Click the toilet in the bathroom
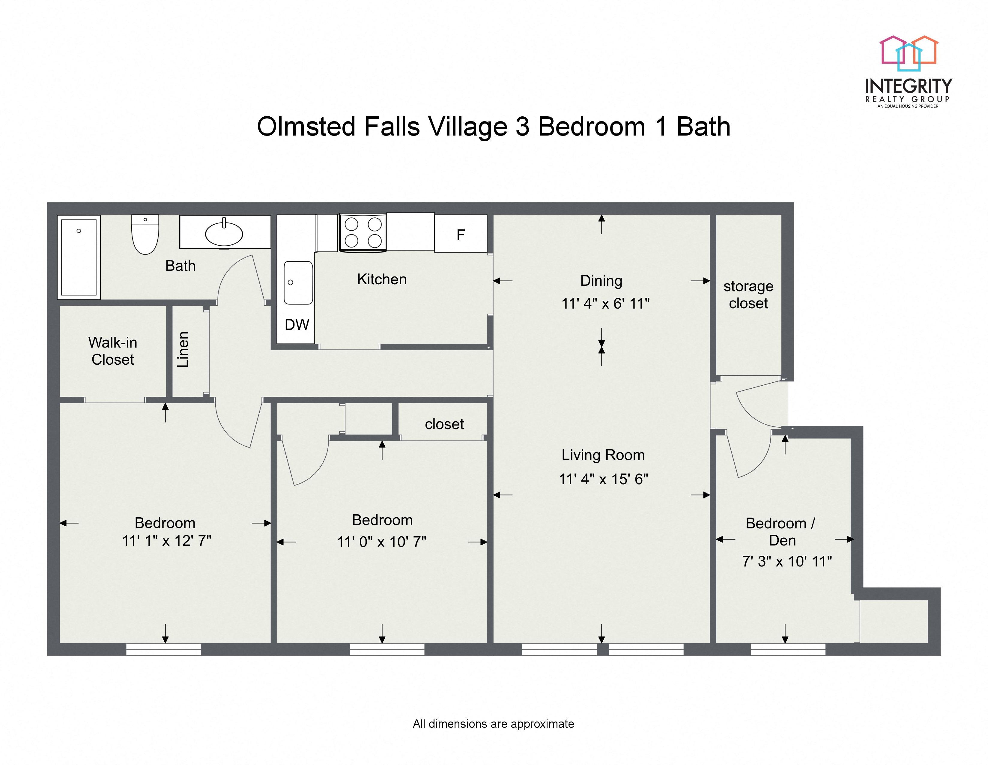pos(145,235)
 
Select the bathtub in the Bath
pos(79,257)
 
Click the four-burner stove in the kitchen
pos(363,232)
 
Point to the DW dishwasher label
pos(297,324)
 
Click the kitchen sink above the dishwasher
pos(298,283)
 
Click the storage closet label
pos(748,294)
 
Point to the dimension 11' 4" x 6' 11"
pos(605,303)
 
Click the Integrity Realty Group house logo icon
pos(908,53)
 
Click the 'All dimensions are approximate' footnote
pos(493,724)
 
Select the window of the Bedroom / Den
pos(788,650)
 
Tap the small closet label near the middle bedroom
pos(444,424)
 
